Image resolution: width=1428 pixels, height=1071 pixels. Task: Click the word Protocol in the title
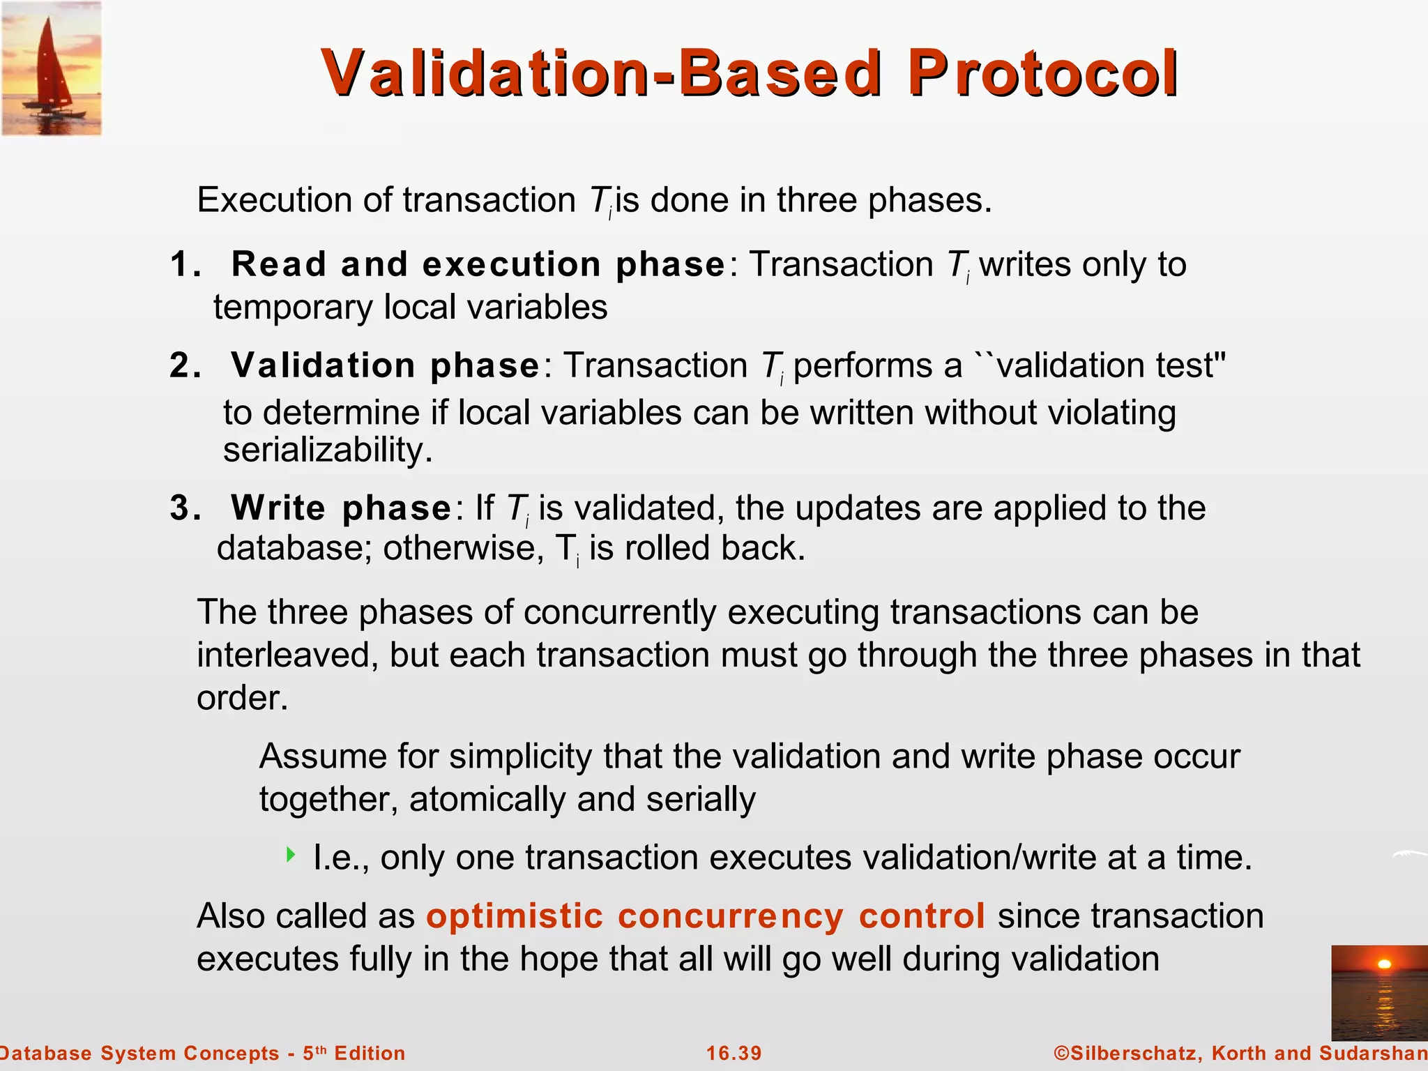pos(1042,74)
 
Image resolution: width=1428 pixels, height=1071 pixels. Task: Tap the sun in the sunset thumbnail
pos(1385,964)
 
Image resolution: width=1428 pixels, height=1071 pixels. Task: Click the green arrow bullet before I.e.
pos(291,854)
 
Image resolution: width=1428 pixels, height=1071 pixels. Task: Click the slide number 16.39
pos(734,1053)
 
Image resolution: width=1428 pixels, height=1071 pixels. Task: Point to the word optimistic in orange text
pos(514,916)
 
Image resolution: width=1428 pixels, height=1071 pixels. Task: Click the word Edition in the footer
pos(370,1053)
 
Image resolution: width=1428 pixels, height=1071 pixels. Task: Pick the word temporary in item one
pos(293,307)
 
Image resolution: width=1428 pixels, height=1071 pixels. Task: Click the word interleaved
pos(287,655)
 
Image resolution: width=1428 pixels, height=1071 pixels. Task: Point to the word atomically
pos(487,799)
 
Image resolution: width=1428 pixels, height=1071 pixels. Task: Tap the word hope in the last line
pos(559,959)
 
